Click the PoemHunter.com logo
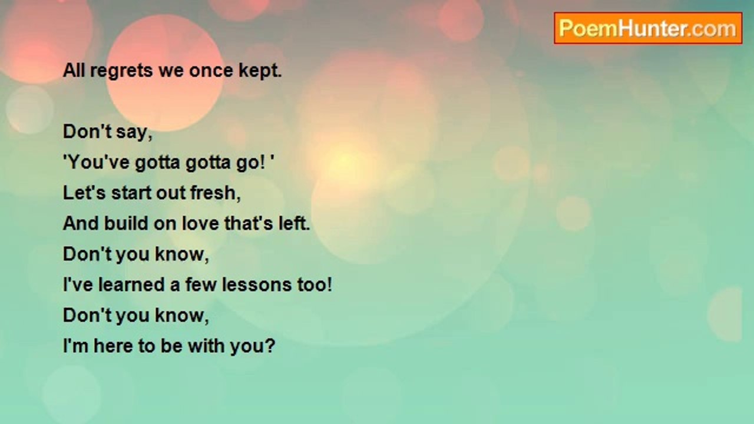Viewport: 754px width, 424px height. [647, 28]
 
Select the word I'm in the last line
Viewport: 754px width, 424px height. [75, 346]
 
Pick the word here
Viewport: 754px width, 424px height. [113, 346]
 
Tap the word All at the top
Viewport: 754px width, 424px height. [74, 71]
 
